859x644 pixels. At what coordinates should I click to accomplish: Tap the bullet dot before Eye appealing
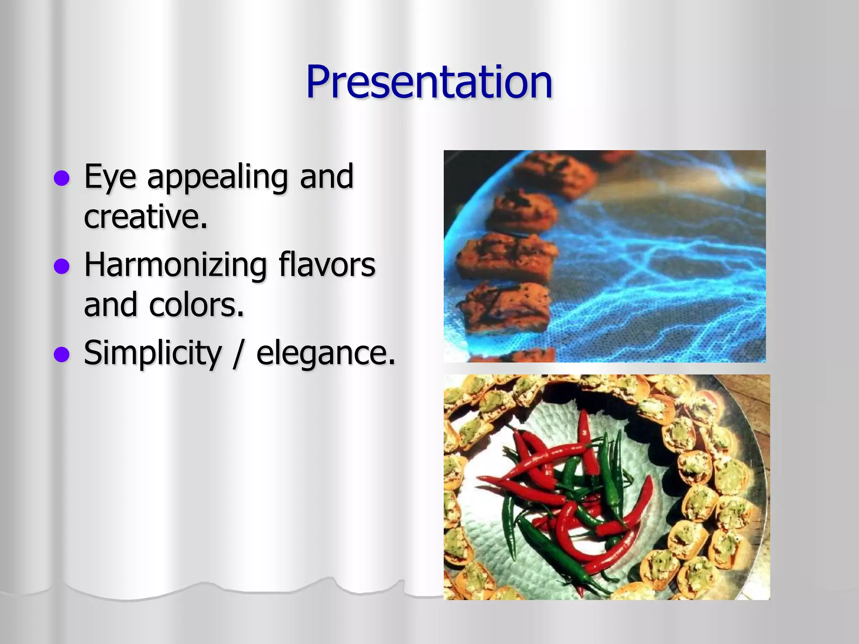click(62, 178)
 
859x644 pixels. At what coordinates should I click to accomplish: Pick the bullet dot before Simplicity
click(62, 354)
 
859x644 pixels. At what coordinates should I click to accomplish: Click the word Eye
click(110, 177)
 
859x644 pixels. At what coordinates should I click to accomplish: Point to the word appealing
click(217, 177)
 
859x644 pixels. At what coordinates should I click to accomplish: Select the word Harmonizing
click(175, 266)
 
